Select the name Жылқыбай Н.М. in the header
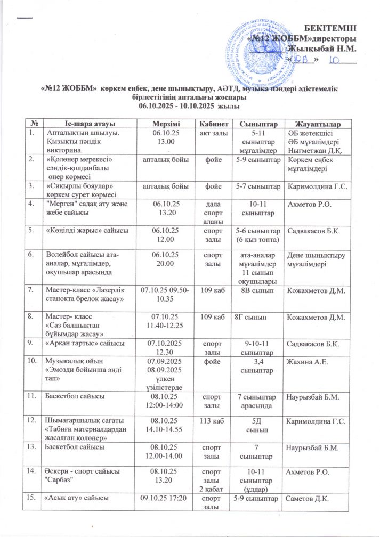322,48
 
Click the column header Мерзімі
164,124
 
